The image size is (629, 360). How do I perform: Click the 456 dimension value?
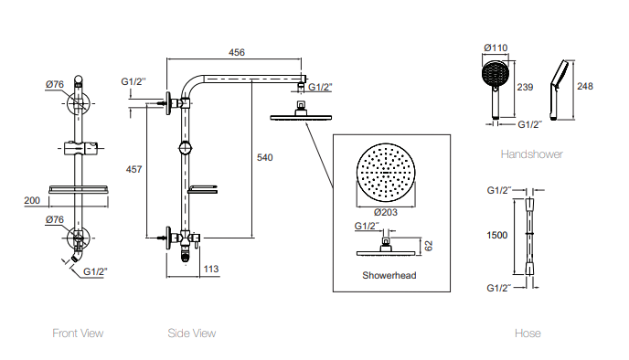(236, 53)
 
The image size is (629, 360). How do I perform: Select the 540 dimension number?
(265, 158)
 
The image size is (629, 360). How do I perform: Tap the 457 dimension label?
(133, 169)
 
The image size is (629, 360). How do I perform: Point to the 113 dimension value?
(210, 269)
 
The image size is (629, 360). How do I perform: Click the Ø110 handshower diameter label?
(496, 48)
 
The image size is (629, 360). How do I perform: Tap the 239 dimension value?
(525, 87)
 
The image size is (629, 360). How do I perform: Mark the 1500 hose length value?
(497, 235)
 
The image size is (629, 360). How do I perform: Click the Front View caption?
(78, 334)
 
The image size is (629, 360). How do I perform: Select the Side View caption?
(192, 334)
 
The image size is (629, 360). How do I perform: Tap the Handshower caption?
(531, 154)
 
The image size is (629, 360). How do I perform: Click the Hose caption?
(528, 334)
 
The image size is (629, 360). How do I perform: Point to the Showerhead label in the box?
(389, 274)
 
